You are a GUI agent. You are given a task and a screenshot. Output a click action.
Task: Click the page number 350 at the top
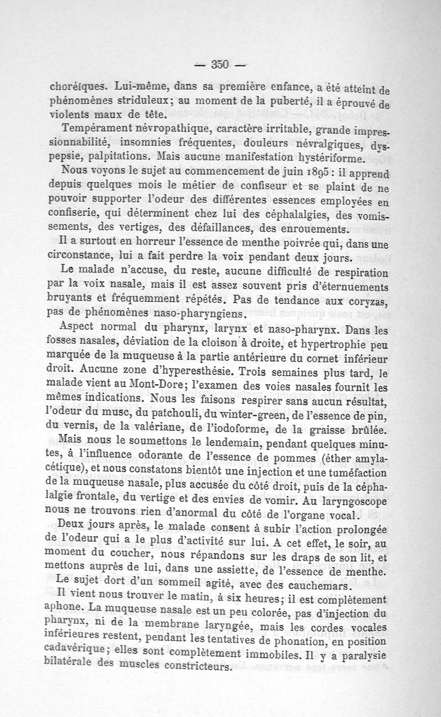click(x=220, y=64)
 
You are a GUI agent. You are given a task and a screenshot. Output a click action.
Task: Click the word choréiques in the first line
click(x=78, y=87)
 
